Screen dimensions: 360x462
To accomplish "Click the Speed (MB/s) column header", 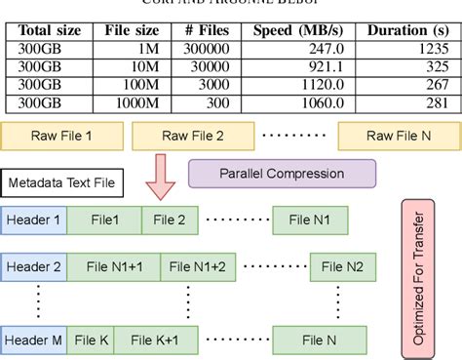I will (x=303, y=29).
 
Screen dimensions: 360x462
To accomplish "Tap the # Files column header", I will (x=207, y=29).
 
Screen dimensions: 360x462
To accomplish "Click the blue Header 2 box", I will (x=35, y=265).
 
